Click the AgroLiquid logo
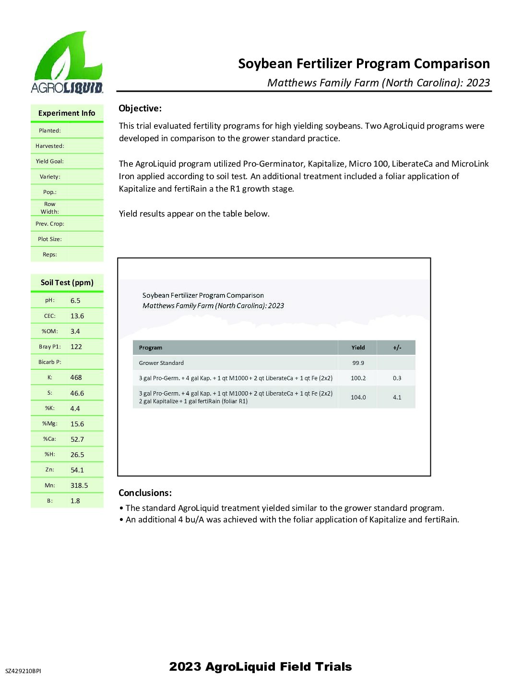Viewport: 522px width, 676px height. pyautogui.click(x=67, y=62)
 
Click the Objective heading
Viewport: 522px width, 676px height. pyautogui.click(x=140, y=109)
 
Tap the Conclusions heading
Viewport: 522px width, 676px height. pyautogui.click(x=145, y=493)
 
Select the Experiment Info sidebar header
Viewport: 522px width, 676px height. pyautogui.click(x=67, y=113)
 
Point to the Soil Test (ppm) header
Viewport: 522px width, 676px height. pyautogui.click(x=67, y=283)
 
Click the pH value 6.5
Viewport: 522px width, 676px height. pyautogui.click(x=75, y=301)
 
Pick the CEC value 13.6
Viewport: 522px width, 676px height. pyautogui.click(x=77, y=316)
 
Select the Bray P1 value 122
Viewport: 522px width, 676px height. pyautogui.click(x=76, y=347)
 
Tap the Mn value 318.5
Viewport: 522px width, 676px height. pyautogui.click(x=79, y=486)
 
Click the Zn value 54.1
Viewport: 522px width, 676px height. pyautogui.click(x=77, y=471)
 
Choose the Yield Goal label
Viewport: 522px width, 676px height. pyautogui.click(x=50, y=161)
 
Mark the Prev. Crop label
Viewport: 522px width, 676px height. pyautogui.click(x=50, y=224)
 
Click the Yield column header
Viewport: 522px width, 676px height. pyautogui.click(x=358, y=348)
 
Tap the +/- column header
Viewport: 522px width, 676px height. pyautogui.click(x=397, y=348)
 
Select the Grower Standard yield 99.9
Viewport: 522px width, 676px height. pyautogui.click(x=358, y=363)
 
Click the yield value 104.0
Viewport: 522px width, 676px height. pyautogui.click(x=358, y=398)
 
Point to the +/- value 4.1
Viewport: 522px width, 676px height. pyautogui.click(x=397, y=398)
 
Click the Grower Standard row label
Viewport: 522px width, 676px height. pyautogui.click(x=161, y=363)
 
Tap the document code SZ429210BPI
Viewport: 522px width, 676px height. pyautogui.click(x=23, y=671)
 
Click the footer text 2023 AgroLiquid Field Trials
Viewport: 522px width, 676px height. pyautogui.click(x=261, y=666)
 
